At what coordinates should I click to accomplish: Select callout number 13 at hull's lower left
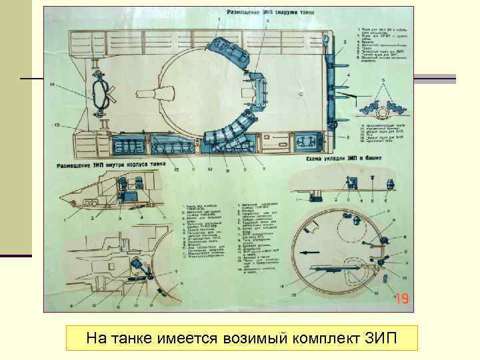[58, 125]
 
